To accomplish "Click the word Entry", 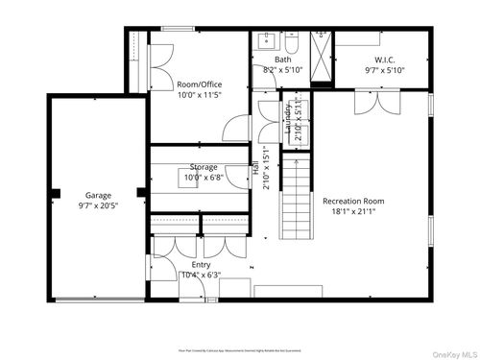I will [201, 264].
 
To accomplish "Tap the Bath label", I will [282, 60].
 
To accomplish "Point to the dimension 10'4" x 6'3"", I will [201, 275].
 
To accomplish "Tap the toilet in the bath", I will [291, 41].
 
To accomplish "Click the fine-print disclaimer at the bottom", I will [239, 327].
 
